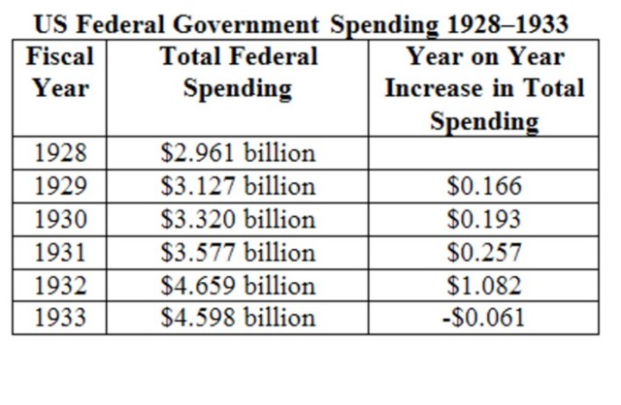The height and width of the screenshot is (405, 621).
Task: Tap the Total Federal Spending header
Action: pos(238,73)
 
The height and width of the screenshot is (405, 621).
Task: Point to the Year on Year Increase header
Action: pos(484,89)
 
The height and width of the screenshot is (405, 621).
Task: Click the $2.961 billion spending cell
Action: pos(238,153)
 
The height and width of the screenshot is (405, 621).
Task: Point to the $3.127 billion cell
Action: pos(238,186)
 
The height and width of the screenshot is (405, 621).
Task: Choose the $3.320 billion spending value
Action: pos(238,219)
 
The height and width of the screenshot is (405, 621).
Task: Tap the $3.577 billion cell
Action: pos(238,252)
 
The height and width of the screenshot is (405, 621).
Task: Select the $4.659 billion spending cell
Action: pos(238,285)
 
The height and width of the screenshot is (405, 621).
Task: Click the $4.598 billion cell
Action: pos(238,318)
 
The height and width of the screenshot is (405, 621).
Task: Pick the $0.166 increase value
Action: pos(484,186)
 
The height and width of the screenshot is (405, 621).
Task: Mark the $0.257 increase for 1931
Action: pos(484,252)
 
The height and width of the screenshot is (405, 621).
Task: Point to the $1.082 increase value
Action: pos(484,285)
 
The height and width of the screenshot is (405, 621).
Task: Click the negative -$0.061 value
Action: pos(484,318)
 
